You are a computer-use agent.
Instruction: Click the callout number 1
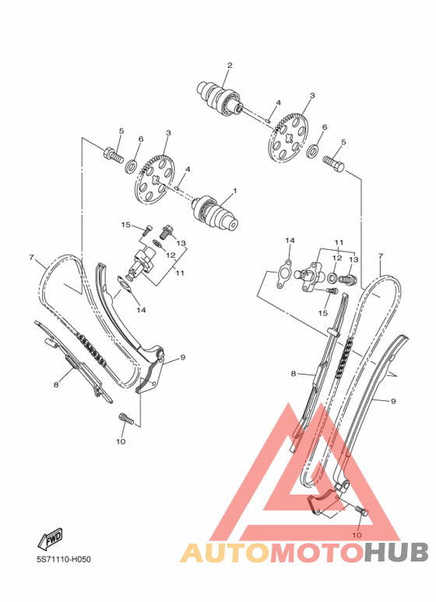point(235,191)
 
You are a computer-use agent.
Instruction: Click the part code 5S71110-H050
point(64,559)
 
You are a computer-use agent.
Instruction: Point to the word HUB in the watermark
point(396,552)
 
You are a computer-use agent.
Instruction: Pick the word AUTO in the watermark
point(226,552)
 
